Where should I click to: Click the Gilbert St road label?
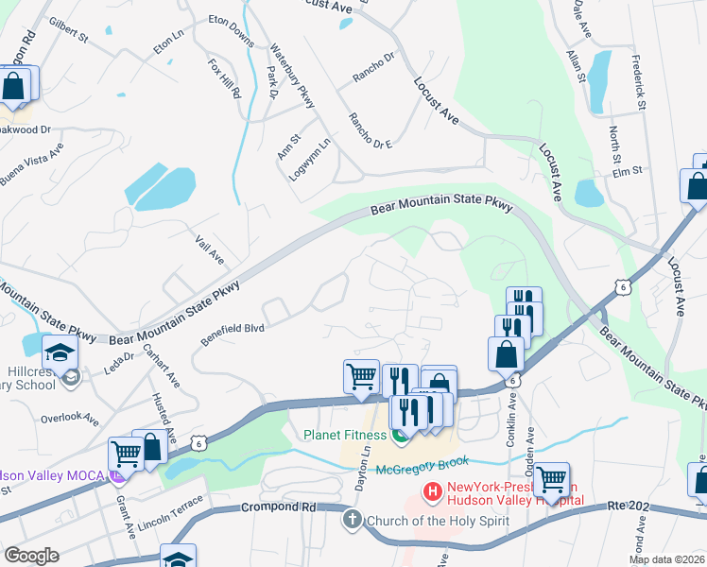68,30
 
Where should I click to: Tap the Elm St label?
628,171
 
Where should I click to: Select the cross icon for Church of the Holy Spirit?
353,519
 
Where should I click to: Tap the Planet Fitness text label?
345,435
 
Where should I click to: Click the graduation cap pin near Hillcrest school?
59,352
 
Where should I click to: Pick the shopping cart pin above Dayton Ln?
362,376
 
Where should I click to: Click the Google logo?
31,555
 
